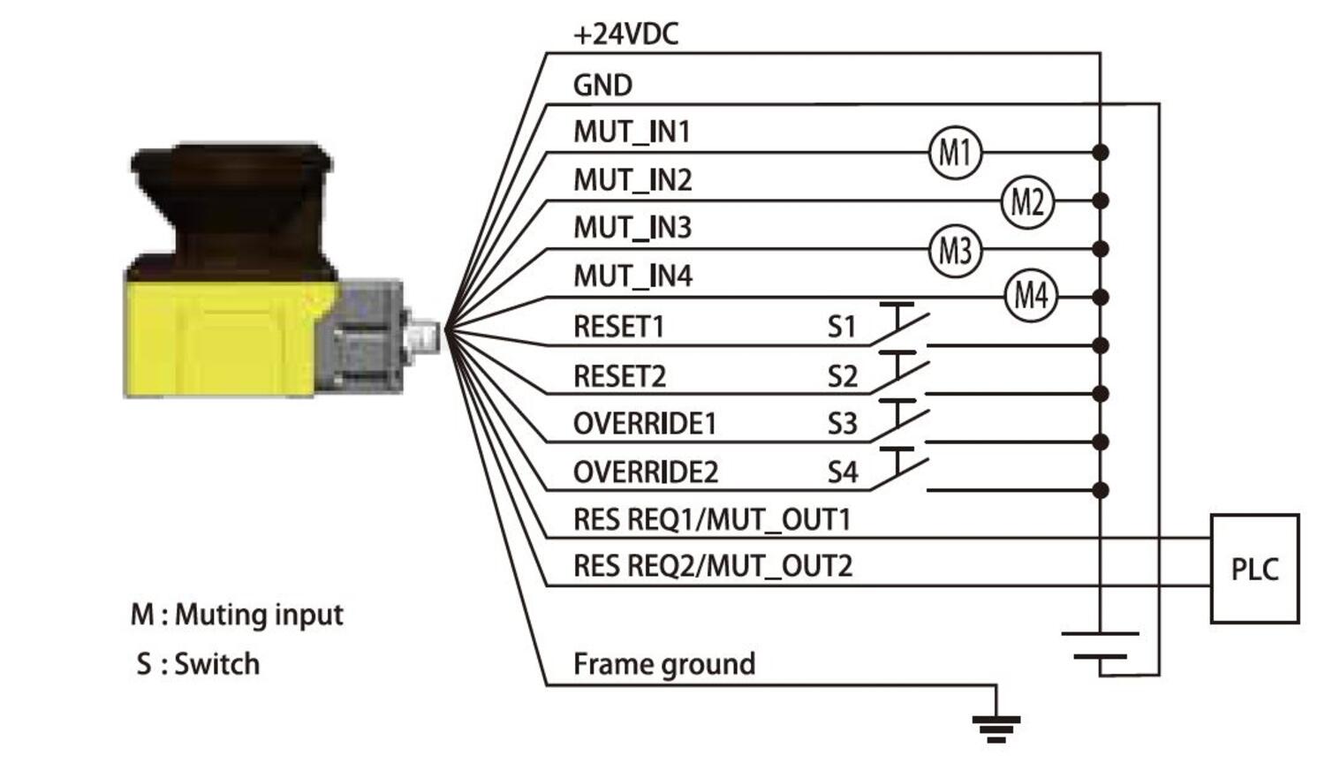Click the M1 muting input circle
point(955,153)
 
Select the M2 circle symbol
point(1027,201)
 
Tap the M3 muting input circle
point(955,250)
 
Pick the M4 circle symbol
point(1031,295)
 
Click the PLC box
point(1254,569)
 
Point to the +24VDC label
point(625,34)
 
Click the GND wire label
point(602,86)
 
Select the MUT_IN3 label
point(632,228)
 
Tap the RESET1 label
point(618,327)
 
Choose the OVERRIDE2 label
point(646,472)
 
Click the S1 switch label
point(842,328)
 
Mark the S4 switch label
point(842,472)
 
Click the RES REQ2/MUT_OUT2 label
point(713,566)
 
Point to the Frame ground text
point(664,664)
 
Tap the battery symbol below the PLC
point(1100,646)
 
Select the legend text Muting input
point(259,615)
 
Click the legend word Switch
point(217,664)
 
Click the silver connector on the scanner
point(425,336)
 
